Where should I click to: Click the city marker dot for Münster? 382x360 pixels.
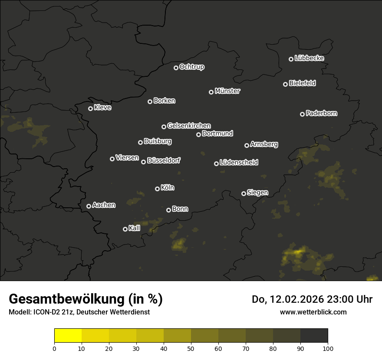pyautogui.click(x=211, y=92)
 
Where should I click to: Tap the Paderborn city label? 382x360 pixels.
pyautogui.click(x=321, y=113)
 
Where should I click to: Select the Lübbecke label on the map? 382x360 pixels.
pyautogui.click(x=309, y=58)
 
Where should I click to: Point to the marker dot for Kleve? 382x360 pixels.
pyautogui.click(x=91, y=108)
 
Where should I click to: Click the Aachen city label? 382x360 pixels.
pyautogui.click(x=104, y=205)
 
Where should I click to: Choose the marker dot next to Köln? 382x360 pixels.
pyautogui.click(x=158, y=189)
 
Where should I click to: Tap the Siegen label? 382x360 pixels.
pyautogui.click(x=257, y=193)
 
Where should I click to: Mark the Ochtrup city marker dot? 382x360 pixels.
pyautogui.click(x=176, y=68)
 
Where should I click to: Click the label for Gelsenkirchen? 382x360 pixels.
pyautogui.click(x=189, y=126)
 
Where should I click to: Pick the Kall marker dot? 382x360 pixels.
pyautogui.click(x=125, y=229)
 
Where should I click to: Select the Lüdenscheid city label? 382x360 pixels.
pyautogui.click(x=239, y=162)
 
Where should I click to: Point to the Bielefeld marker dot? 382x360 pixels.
pyautogui.click(x=286, y=84)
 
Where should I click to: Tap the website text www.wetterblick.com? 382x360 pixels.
pyautogui.click(x=313, y=312)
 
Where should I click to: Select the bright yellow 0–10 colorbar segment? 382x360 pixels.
pyautogui.click(x=68, y=336)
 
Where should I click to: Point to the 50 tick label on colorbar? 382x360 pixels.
pyautogui.click(x=191, y=348)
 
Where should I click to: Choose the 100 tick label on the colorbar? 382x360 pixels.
pyautogui.click(x=328, y=348)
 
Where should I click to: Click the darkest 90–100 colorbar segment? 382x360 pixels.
pyautogui.click(x=314, y=336)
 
